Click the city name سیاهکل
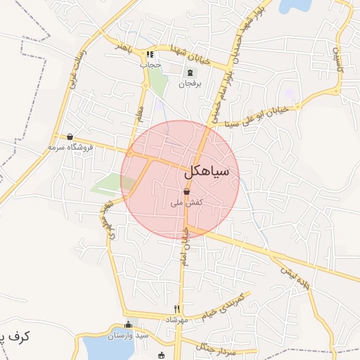211,171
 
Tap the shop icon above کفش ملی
186,191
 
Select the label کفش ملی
187,202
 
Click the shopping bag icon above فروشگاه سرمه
70,137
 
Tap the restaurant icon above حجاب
149,55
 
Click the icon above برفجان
188,73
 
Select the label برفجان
188,84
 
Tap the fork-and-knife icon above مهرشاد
176,309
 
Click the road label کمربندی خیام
224,306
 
